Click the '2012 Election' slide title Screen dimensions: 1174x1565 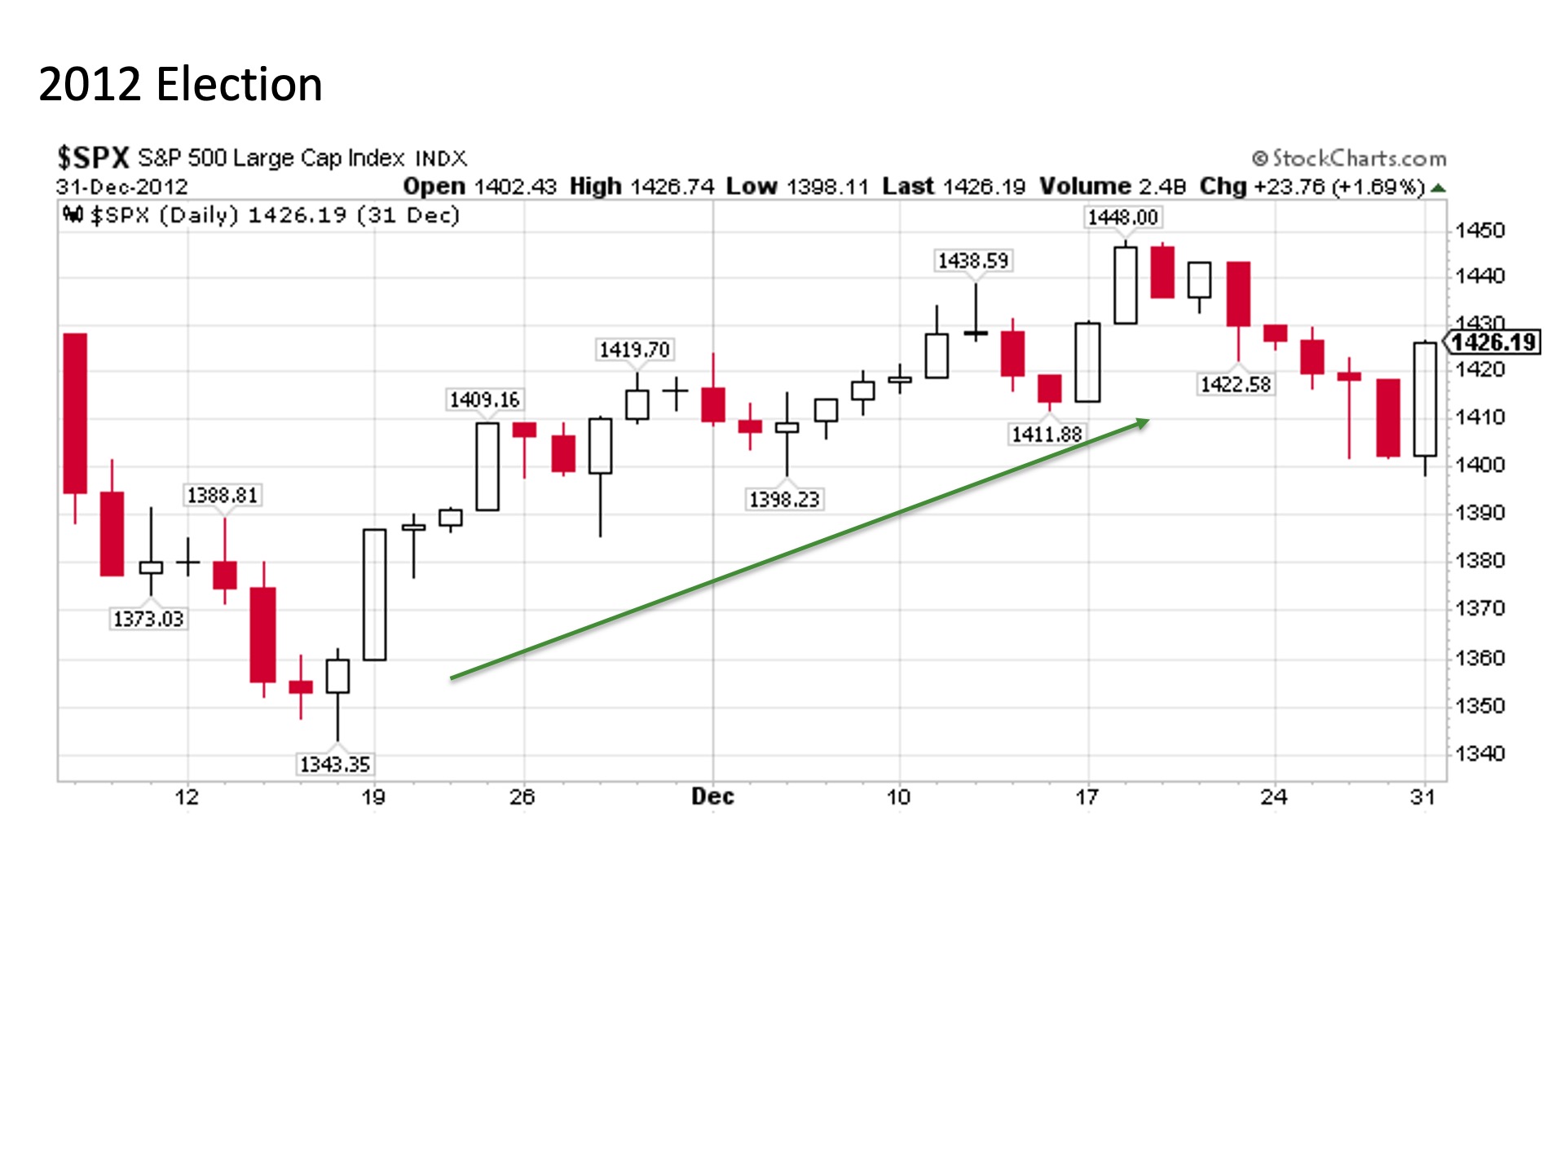click(180, 85)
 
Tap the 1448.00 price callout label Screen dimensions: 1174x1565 click(1122, 218)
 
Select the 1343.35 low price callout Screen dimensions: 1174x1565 click(334, 764)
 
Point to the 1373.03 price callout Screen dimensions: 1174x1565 click(148, 619)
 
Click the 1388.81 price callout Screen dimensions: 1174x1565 click(222, 495)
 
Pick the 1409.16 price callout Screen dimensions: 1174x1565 click(484, 399)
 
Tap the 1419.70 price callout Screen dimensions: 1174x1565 click(634, 350)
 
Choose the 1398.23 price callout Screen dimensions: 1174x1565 click(784, 499)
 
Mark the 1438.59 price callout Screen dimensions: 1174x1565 click(973, 261)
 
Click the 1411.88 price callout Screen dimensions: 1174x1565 click(1047, 434)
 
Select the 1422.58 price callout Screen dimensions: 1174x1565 click(1236, 384)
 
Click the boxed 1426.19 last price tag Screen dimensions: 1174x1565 click(1494, 342)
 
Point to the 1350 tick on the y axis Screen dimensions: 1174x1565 click(1480, 706)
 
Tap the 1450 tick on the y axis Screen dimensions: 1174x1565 click(1480, 231)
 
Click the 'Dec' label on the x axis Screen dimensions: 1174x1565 click(712, 797)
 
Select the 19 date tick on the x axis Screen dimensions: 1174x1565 click(373, 797)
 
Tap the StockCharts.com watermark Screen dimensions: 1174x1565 click(1350, 158)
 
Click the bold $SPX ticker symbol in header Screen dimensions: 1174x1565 click(93, 157)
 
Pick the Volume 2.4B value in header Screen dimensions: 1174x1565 click(1113, 187)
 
